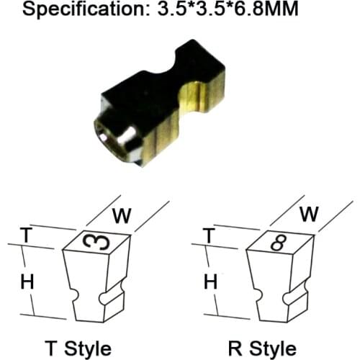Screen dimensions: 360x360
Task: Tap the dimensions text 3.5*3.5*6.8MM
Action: (228, 8)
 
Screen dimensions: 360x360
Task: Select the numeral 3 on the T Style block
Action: (96, 241)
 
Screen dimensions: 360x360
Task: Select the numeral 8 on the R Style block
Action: (279, 243)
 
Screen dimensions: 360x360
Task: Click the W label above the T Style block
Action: (122, 216)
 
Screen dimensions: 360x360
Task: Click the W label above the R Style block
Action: (309, 214)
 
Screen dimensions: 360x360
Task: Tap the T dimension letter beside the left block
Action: (26, 235)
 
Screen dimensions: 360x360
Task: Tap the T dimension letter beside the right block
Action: (209, 235)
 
